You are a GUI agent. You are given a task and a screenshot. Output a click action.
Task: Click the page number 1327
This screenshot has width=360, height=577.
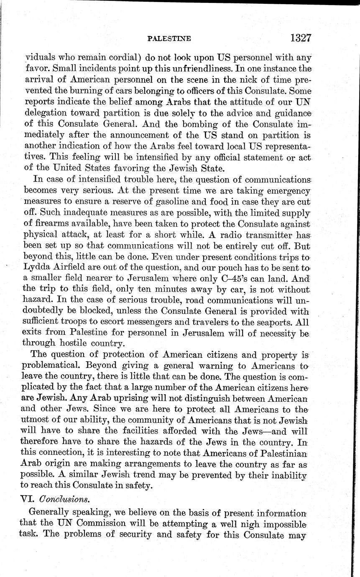(299, 38)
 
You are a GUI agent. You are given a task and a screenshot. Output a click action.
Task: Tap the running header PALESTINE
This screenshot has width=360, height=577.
(169, 39)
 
